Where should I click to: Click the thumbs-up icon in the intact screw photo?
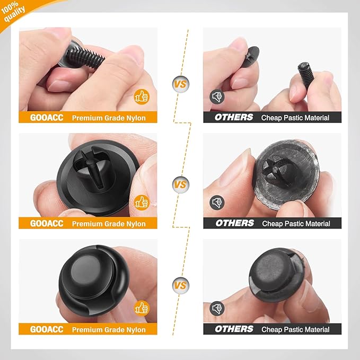pyautogui.click(x=142, y=96)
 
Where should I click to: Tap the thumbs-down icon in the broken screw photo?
pyautogui.click(x=216, y=96)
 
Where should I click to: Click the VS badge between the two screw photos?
pyautogui.click(x=180, y=84)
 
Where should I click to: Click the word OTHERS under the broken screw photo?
pyautogui.click(x=234, y=118)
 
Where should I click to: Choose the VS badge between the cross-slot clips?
pyautogui.click(x=180, y=185)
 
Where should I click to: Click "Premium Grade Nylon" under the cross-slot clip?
pyautogui.click(x=109, y=224)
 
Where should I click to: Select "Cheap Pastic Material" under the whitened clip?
pyautogui.click(x=296, y=224)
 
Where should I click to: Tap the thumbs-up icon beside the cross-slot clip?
pyautogui.click(x=142, y=202)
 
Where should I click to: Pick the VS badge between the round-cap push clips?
pyautogui.click(x=180, y=285)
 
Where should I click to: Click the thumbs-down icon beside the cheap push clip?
pyautogui.click(x=216, y=308)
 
